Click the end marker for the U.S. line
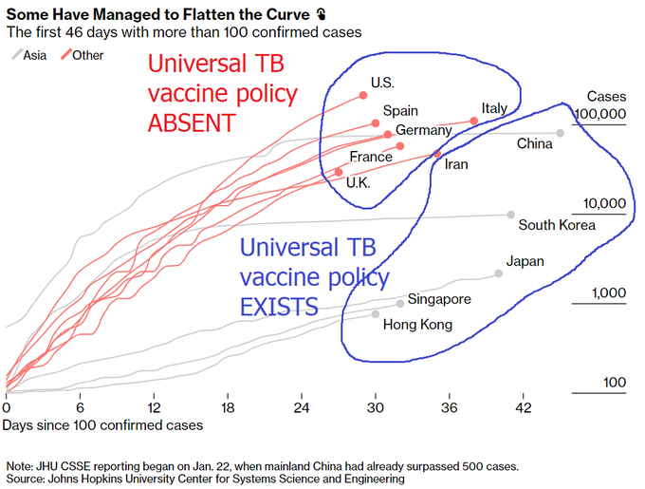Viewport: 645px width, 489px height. tap(363, 94)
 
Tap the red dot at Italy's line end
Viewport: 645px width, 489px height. tap(473, 121)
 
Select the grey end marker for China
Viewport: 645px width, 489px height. tap(561, 133)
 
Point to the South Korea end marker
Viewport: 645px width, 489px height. tap(511, 215)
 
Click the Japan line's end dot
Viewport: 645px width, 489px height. tap(499, 273)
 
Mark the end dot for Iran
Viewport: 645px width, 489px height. tap(437, 153)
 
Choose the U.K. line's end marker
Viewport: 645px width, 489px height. tap(339, 172)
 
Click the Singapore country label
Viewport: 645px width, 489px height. tap(439, 300)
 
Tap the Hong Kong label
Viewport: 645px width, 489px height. tap(417, 325)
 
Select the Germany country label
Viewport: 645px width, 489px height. tap(423, 130)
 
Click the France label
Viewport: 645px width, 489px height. tap(371, 157)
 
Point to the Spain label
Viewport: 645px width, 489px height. tap(400, 111)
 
